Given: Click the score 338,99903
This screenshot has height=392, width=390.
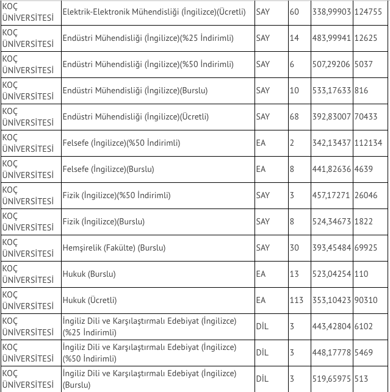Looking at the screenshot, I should pyautogui.click(x=331, y=12).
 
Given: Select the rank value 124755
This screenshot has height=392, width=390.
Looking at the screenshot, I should pyautogui.click(x=370, y=12).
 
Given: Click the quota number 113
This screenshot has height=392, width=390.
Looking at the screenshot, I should pyautogui.click(x=296, y=300).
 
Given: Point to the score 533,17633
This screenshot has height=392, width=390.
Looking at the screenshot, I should pyautogui.click(x=331, y=91).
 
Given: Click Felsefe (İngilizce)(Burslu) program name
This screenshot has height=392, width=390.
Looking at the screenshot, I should pyautogui.click(x=109, y=169).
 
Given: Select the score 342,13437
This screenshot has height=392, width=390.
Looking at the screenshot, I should pyautogui.click(x=331, y=143).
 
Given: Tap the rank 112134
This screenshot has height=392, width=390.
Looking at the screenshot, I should pyautogui.click(x=370, y=143).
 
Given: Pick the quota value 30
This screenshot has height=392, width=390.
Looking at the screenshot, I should pyautogui.click(x=294, y=248).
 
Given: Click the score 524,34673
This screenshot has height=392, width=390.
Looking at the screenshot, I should pyautogui.click(x=331, y=221).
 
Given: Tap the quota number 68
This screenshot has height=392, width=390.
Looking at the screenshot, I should pyautogui.click(x=294, y=117).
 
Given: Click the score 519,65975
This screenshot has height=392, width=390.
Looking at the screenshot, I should pyautogui.click(x=331, y=379).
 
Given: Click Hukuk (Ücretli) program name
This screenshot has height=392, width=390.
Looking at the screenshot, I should pyautogui.click(x=90, y=300).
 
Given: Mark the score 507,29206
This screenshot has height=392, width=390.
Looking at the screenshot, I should pyautogui.click(x=331, y=65).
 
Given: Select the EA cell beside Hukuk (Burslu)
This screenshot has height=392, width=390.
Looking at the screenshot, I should pyautogui.click(x=261, y=274).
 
